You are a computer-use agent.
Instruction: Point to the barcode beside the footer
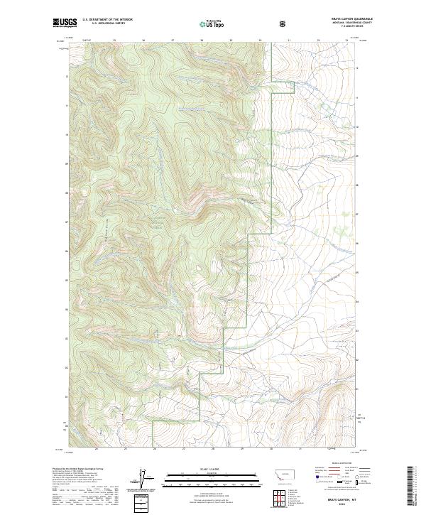[410, 487]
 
